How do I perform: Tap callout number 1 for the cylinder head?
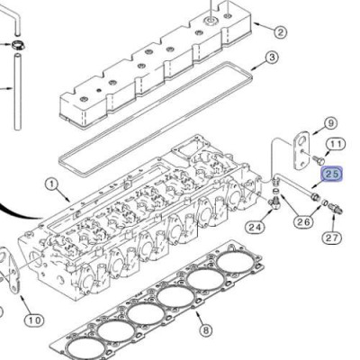pos(50,186)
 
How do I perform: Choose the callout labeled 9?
pos(330,123)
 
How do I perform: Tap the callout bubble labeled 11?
pos(335,144)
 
